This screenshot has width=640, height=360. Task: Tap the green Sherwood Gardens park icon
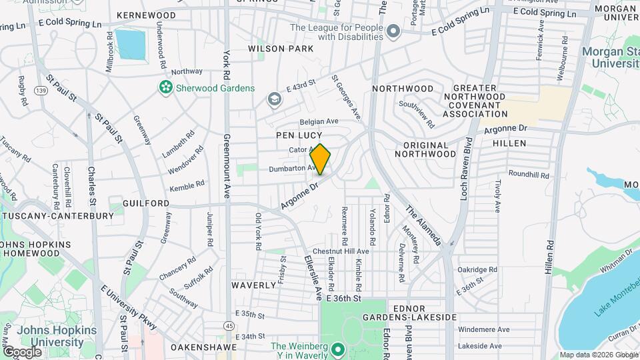[x=164, y=87]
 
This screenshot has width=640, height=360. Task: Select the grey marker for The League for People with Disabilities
[x=393, y=31]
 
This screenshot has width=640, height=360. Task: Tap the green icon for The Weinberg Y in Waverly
[x=337, y=349]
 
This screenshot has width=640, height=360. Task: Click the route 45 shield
[x=229, y=325]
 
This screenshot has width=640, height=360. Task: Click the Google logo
[x=22, y=351]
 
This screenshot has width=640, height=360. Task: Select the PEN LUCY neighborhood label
[x=299, y=135]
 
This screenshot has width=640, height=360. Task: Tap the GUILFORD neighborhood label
[x=145, y=203]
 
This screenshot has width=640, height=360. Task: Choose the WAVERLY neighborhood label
[x=253, y=285]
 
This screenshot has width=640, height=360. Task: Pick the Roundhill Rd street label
[x=528, y=175]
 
